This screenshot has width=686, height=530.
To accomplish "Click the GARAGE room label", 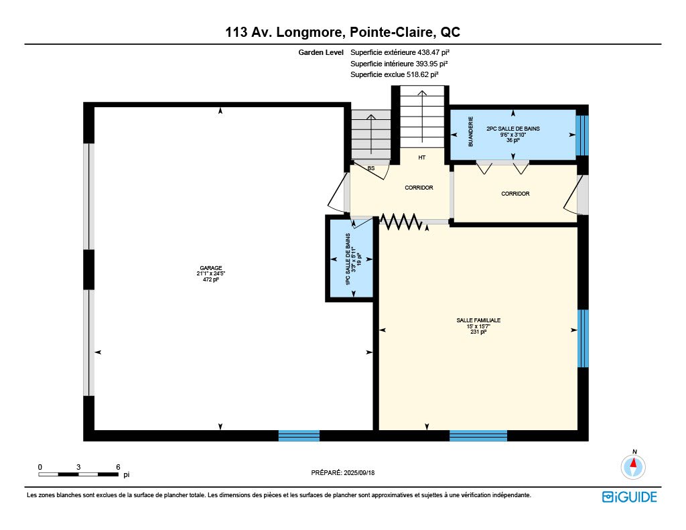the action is click(x=211, y=268).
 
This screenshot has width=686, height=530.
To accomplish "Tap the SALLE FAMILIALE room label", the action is click(x=478, y=320).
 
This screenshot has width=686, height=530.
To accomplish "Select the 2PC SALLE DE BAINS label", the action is click(x=513, y=129).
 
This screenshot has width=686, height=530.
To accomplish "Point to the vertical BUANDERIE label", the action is click(x=471, y=131).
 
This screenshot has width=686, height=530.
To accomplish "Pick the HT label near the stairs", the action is click(x=422, y=157).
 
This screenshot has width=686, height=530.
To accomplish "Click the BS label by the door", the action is click(x=371, y=168).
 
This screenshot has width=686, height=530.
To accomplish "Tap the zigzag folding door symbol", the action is click(x=401, y=222).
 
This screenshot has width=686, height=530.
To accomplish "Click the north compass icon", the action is click(x=633, y=466).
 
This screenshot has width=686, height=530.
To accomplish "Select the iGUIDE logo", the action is click(x=630, y=496).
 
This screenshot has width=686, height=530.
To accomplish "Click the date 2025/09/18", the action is click(x=359, y=472).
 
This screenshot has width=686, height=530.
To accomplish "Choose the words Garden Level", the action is click(x=321, y=52).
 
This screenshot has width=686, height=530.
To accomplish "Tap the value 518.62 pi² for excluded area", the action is click(x=423, y=74).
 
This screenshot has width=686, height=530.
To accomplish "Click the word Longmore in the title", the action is click(x=308, y=32).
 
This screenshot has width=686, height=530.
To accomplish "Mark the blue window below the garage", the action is click(x=299, y=436).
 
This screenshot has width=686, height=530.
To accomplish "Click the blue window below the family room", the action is click(x=478, y=436).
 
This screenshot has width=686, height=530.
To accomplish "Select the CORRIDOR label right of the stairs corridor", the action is click(x=515, y=194).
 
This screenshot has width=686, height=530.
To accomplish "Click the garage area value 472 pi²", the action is click(x=211, y=279).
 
